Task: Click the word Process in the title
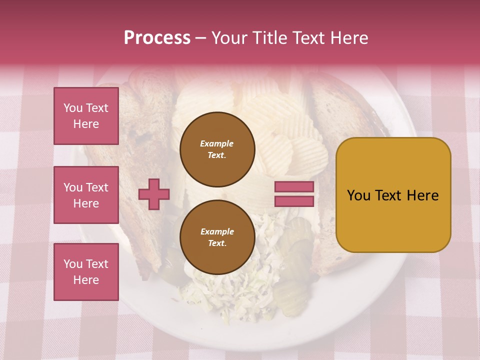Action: pyautogui.click(x=157, y=38)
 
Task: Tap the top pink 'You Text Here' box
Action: pyautogui.click(x=86, y=116)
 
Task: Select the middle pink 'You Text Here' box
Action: pyautogui.click(x=86, y=195)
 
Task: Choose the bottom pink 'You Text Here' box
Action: pyautogui.click(x=86, y=271)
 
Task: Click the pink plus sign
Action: pyautogui.click(x=154, y=194)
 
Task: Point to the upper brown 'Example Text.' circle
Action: pyautogui.click(x=217, y=149)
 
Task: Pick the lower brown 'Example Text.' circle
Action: pyautogui.click(x=217, y=237)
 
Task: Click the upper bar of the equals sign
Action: pyautogui.click(x=294, y=186)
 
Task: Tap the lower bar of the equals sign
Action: pyautogui.click(x=294, y=201)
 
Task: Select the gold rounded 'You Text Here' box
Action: pyautogui.click(x=393, y=195)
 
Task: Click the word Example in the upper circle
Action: pyautogui.click(x=217, y=143)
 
